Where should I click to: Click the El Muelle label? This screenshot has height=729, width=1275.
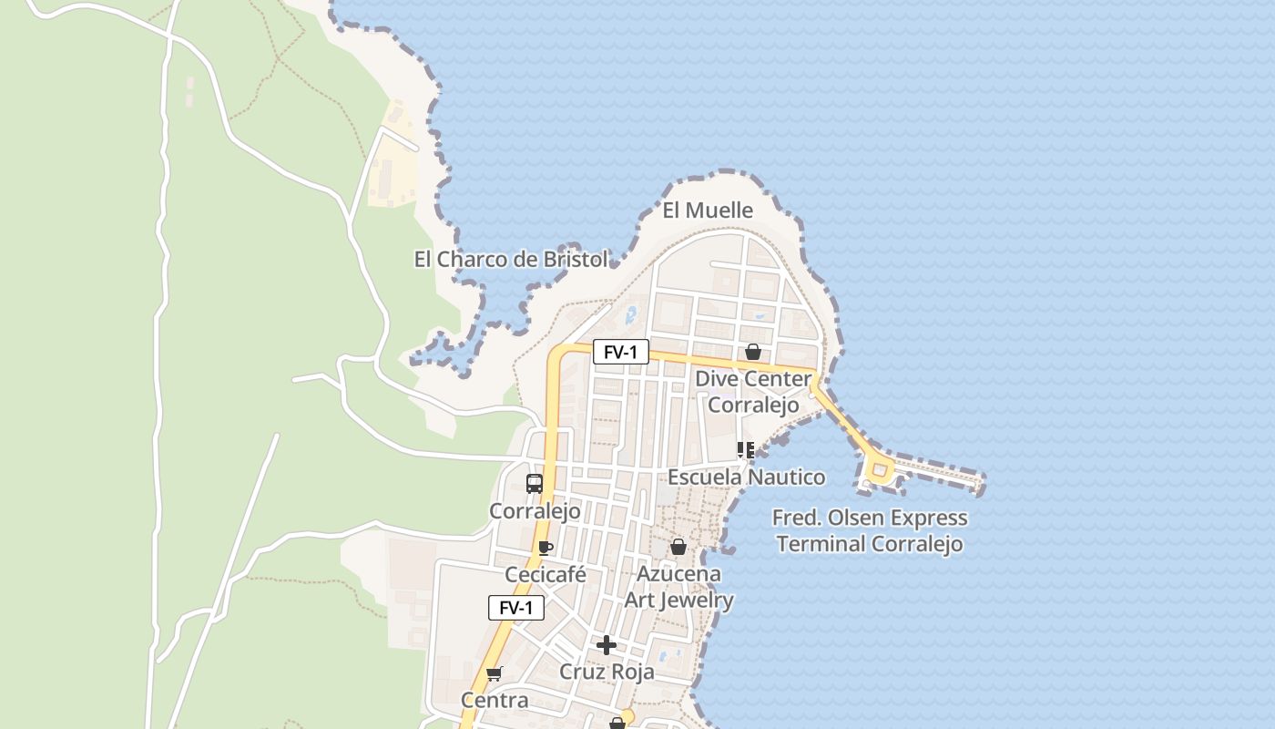[x=708, y=210]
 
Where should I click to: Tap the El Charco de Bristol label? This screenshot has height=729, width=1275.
[x=510, y=260]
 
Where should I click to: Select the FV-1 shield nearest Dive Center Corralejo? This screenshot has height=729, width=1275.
[x=620, y=352]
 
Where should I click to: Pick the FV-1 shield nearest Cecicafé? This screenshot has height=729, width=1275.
[x=516, y=608]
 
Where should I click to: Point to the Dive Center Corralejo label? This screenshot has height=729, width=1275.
[x=753, y=391]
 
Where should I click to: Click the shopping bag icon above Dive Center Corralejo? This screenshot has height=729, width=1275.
[x=753, y=352]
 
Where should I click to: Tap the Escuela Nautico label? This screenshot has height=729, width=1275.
[x=746, y=477]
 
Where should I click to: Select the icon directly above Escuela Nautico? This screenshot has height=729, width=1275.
[x=746, y=450]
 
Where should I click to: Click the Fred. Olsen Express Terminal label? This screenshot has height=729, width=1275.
[x=870, y=530]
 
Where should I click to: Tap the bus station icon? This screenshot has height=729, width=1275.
[x=535, y=484]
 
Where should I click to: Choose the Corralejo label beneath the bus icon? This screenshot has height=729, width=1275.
[x=535, y=511]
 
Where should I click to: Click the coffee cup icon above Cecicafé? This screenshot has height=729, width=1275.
[x=545, y=548]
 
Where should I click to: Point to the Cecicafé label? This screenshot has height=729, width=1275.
[x=545, y=575]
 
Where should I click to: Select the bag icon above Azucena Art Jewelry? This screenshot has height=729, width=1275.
[x=678, y=547]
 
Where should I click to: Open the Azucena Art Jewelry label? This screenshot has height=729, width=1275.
[x=678, y=587]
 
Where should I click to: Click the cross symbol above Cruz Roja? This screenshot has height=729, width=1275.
[x=607, y=645]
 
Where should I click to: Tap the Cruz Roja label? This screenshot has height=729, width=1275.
[x=607, y=673]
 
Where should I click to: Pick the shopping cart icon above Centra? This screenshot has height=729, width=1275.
[x=495, y=673]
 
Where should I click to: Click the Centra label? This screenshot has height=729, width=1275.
[x=495, y=700]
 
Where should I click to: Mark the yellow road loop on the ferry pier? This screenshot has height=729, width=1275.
[x=879, y=471]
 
